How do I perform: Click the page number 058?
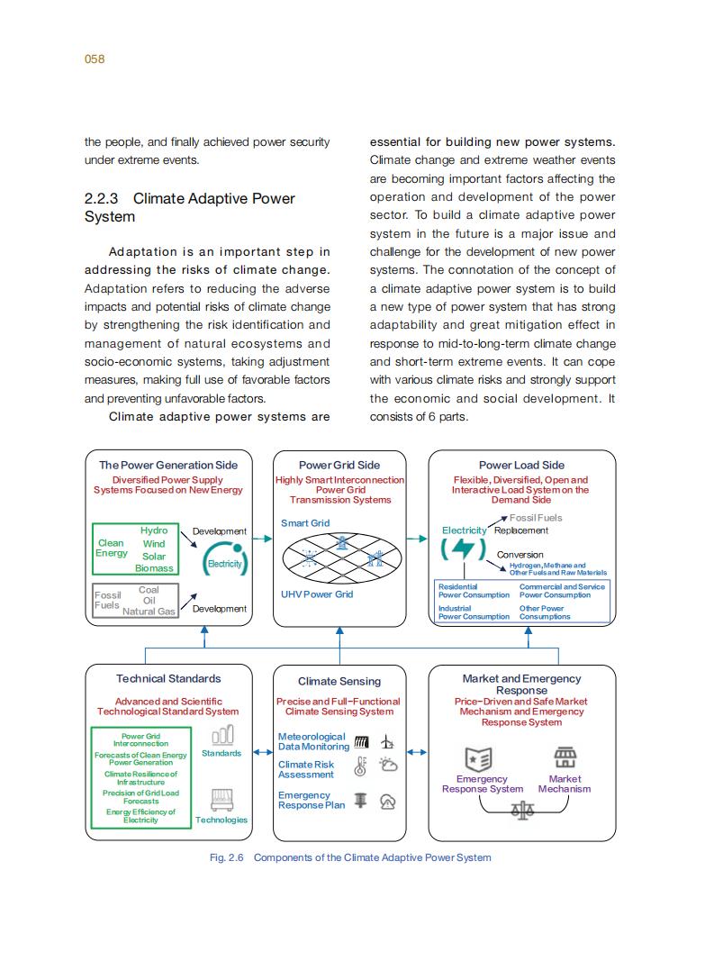(95, 59)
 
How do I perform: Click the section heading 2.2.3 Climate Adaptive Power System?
(189, 207)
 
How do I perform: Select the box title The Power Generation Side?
(168, 465)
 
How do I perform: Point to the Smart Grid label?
(305, 523)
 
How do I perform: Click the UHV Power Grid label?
(317, 594)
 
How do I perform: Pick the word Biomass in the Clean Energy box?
(154, 568)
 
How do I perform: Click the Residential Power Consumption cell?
(474, 591)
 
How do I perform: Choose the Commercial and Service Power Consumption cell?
(562, 591)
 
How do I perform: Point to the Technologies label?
(221, 820)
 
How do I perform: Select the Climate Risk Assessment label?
(306, 769)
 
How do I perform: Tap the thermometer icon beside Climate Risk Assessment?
(361, 766)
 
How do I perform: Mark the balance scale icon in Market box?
(521, 811)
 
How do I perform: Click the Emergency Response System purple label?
(483, 784)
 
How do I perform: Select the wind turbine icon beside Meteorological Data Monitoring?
(388, 742)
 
